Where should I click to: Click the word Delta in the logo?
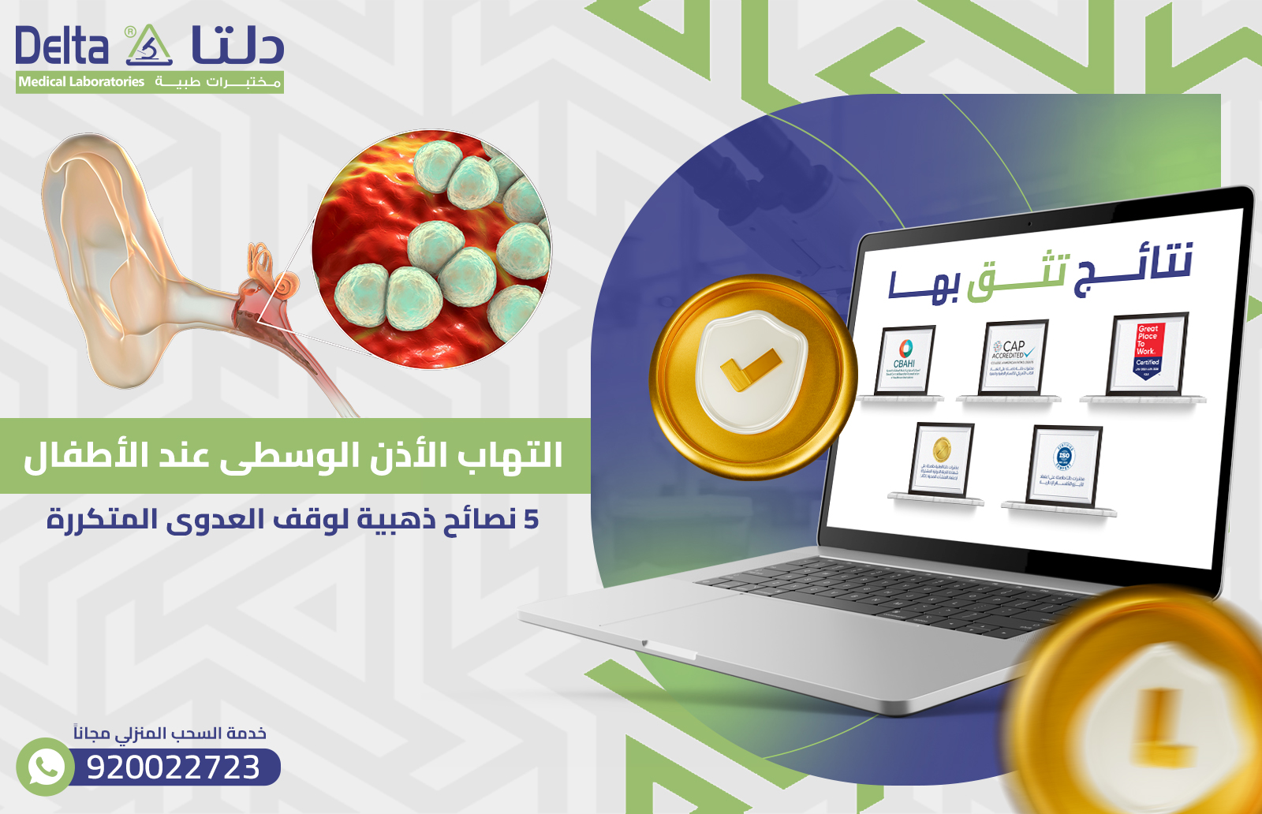click(62, 46)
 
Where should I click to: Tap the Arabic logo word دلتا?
click(237, 46)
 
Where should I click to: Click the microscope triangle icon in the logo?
click(149, 47)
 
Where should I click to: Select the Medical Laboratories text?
click(81, 82)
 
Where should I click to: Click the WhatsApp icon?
click(45, 766)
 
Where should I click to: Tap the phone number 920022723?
click(174, 767)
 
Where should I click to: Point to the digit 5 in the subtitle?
click(531, 520)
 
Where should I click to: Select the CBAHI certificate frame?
click(905, 360)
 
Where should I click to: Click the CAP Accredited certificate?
click(1014, 357)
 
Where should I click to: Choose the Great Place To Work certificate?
click(1148, 353)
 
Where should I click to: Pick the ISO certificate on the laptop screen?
click(1064, 465)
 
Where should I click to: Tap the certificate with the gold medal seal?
click(942, 460)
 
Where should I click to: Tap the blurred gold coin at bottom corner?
click(1152, 710)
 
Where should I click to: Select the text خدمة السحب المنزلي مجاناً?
click(170, 734)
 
